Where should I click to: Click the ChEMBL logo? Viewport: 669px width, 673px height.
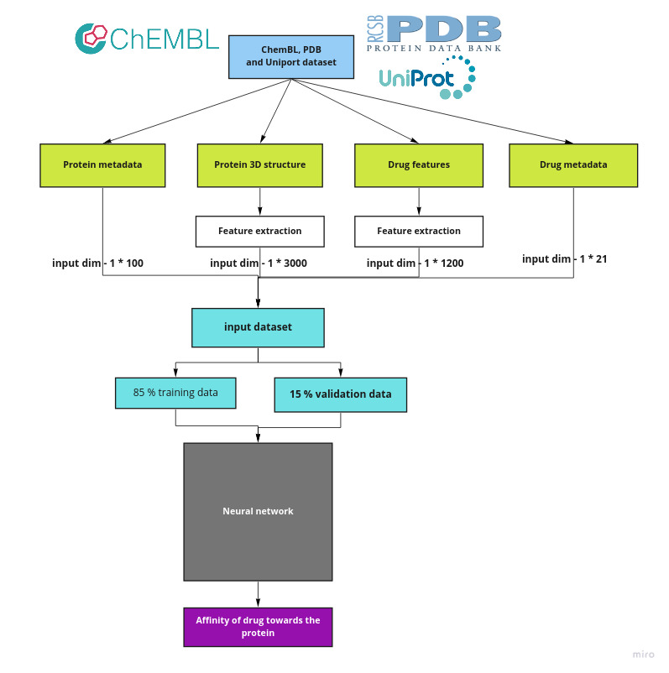(x=147, y=38)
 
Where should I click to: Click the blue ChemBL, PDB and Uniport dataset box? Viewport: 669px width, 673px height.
(x=291, y=56)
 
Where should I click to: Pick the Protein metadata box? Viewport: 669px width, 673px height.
(x=102, y=164)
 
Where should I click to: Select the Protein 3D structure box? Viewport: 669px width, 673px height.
(x=260, y=164)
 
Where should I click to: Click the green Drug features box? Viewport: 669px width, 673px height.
(x=419, y=164)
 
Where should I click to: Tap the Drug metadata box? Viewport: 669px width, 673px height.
(x=573, y=164)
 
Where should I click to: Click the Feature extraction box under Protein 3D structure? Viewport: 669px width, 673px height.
(x=259, y=231)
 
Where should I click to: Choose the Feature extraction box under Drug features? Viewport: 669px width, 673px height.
(x=419, y=231)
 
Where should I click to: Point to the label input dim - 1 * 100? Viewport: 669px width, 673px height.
(x=97, y=263)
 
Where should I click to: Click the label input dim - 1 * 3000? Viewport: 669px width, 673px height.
(x=258, y=263)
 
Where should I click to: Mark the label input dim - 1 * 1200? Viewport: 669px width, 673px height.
(x=415, y=263)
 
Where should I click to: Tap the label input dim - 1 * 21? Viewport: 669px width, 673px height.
(x=564, y=259)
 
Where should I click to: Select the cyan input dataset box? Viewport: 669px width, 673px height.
(x=258, y=327)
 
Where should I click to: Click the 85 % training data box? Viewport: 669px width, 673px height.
(x=175, y=393)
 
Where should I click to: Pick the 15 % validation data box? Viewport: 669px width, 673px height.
(x=340, y=394)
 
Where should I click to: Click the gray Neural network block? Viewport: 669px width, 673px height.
(x=258, y=511)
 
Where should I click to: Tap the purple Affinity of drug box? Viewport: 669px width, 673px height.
(x=258, y=627)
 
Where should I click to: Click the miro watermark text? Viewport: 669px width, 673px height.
(x=643, y=655)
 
